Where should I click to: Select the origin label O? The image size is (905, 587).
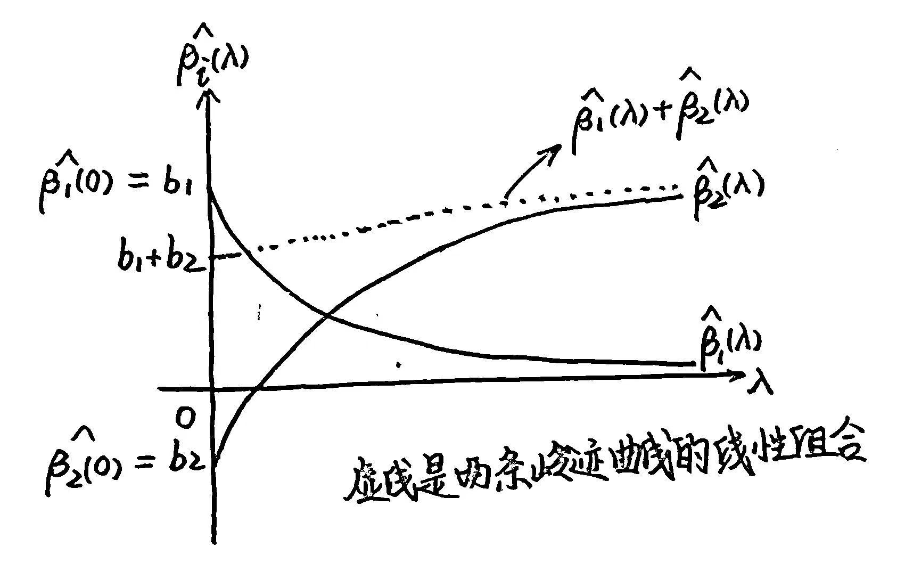click(x=186, y=420)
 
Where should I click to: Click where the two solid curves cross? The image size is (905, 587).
click(x=326, y=316)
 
